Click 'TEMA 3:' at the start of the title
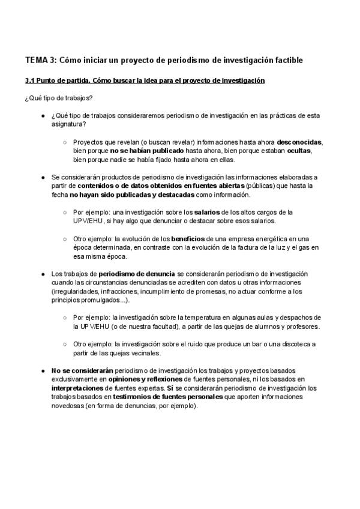[x=40, y=60]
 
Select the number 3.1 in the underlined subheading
[x=31, y=80]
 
